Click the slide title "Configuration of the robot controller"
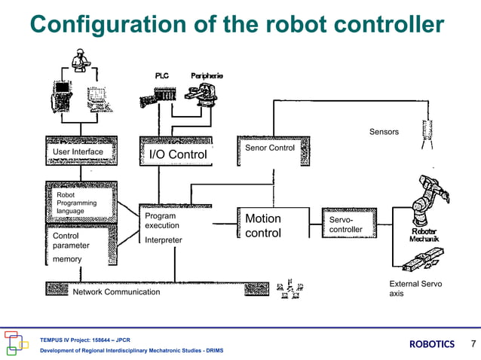(237, 24)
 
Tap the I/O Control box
(176, 154)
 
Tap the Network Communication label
(116, 291)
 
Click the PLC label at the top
(162, 76)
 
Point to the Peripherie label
(206, 76)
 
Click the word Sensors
(384, 132)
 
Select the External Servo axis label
(415, 288)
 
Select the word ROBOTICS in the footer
(432, 344)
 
